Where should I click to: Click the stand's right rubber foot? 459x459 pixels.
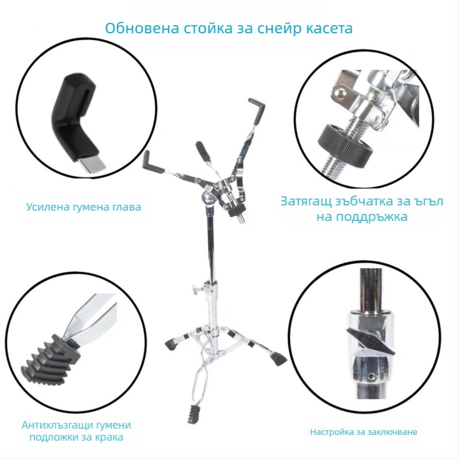tap(278, 359)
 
